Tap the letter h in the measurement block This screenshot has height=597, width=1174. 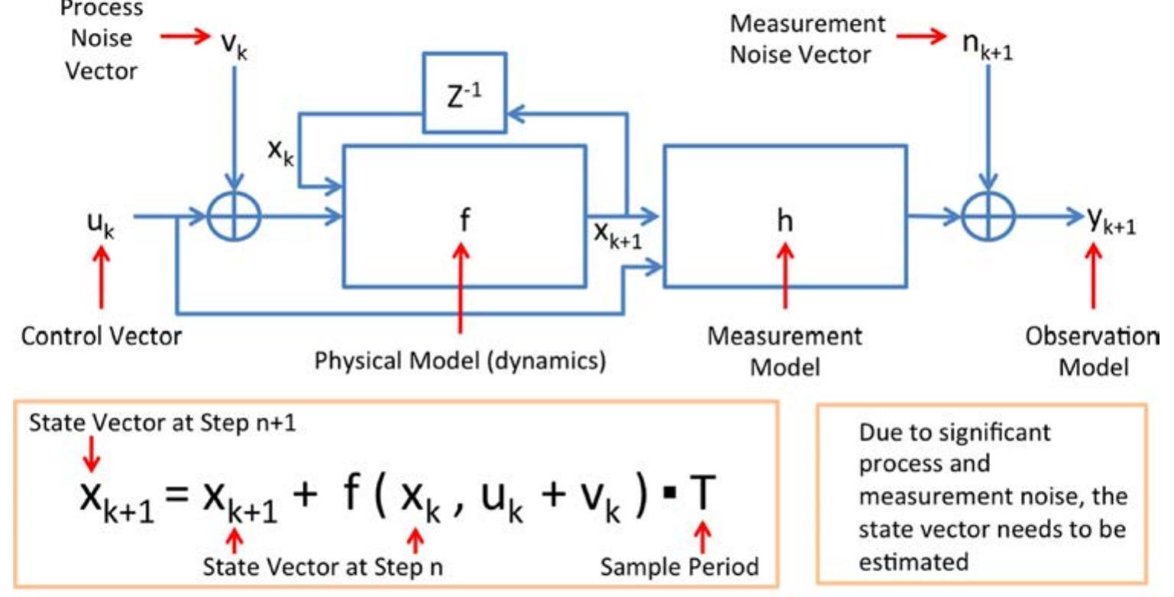(784, 221)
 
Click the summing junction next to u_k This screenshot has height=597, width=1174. (234, 218)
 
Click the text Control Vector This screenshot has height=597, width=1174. (102, 336)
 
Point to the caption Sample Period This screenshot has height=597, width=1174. (678, 566)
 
